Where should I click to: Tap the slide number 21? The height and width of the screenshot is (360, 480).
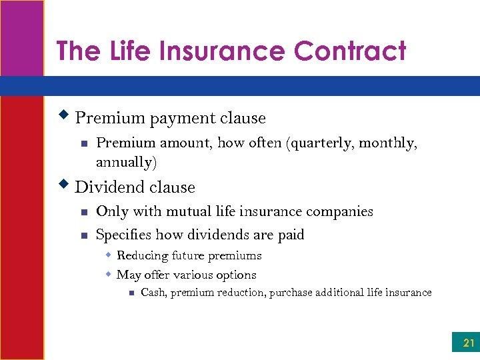click(469, 344)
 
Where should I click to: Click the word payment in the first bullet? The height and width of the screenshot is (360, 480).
click(178, 119)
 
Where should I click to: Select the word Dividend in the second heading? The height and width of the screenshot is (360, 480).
click(107, 187)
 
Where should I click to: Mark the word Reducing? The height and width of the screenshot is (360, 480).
click(142, 255)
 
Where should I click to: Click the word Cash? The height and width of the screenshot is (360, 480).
click(153, 293)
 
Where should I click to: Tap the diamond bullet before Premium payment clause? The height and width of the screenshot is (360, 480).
click(65, 116)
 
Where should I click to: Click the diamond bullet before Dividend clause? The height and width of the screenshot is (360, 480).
click(65, 185)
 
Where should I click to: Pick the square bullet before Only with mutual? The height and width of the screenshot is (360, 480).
click(83, 213)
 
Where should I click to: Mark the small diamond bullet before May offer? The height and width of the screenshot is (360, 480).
click(107, 274)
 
